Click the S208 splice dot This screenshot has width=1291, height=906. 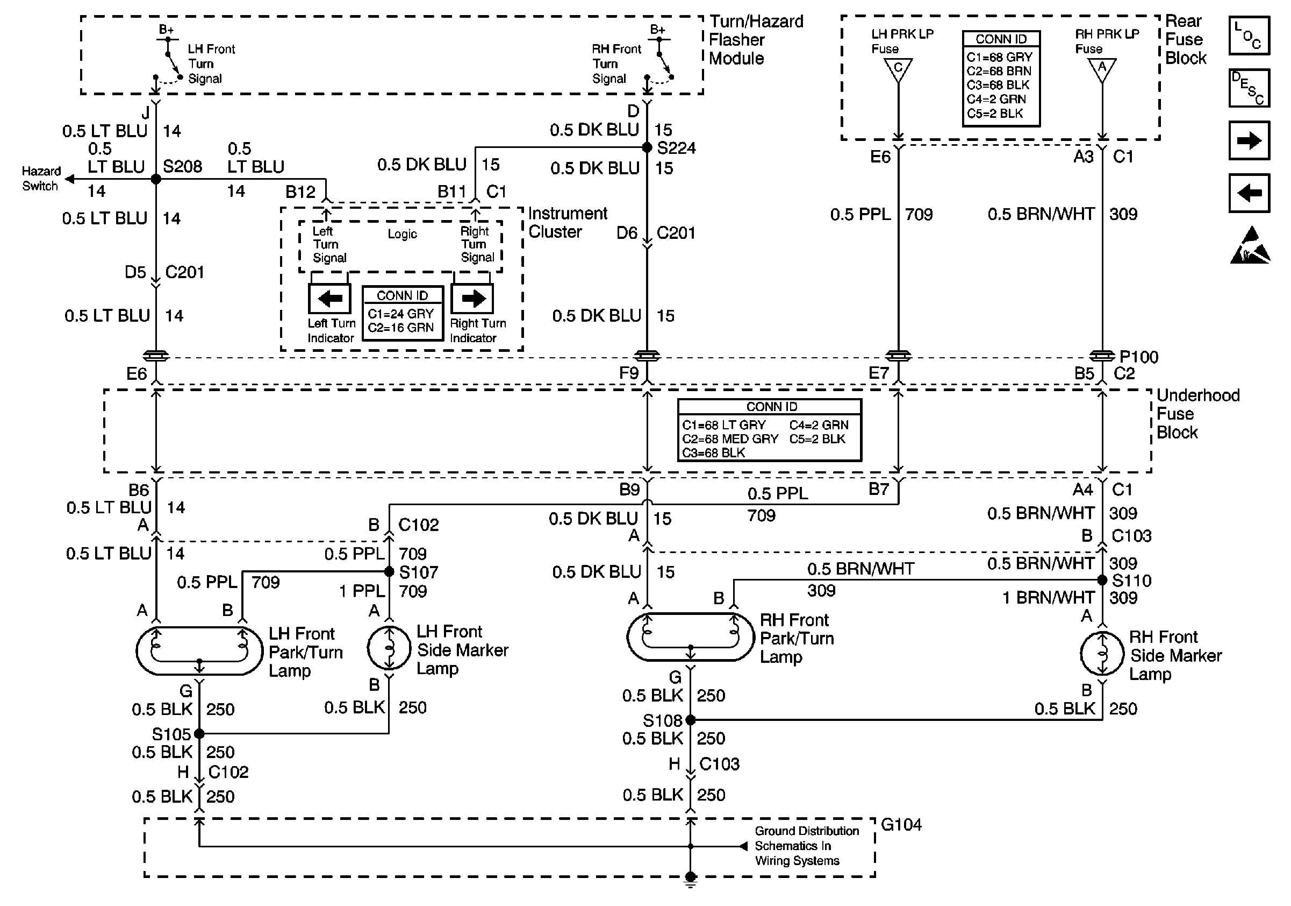coord(156,180)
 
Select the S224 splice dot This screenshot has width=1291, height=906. coord(647,148)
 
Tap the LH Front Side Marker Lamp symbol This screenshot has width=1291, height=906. coord(389,648)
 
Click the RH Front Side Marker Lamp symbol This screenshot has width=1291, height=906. coord(1102,653)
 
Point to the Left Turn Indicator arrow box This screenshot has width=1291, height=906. coord(329,298)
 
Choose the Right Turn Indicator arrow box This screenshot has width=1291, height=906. coord(472,298)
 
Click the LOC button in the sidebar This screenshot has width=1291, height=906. coord(1249,36)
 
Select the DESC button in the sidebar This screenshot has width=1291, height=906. coord(1249,88)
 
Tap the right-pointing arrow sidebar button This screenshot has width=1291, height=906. coord(1249,140)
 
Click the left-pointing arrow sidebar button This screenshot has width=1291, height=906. coord(1249,193)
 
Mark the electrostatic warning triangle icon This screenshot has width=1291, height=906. coord(1250,245)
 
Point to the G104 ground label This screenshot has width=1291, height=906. coord(901,825)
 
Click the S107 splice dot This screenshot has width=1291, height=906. coord(389,572)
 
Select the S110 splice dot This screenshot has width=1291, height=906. coord(1102,579)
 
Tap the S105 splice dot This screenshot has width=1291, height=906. coord(199,734)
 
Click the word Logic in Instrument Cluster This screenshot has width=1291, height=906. coord(402,234)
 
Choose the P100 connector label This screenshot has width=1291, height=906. coord(1138,357)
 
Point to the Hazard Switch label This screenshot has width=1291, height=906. coord(40,179)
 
